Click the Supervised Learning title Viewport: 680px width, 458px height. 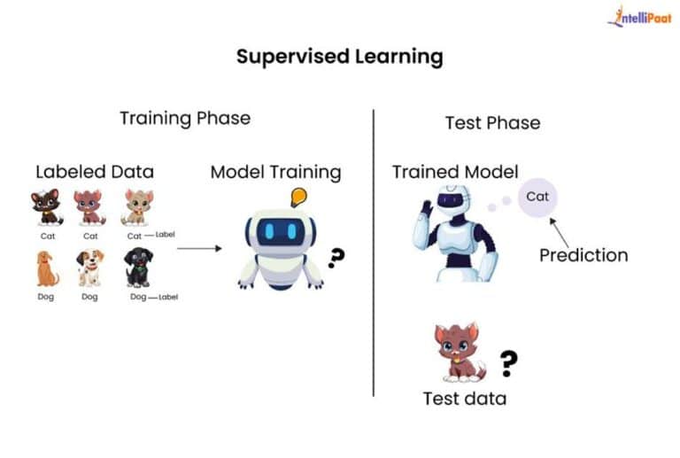[x=339, y=58]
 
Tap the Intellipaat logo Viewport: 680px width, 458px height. [x=639, y=17]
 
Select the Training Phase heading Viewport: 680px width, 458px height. [x=185, y=118]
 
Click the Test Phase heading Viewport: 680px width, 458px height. [x=492, y=123]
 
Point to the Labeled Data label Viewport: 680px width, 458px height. [x=95, y=172]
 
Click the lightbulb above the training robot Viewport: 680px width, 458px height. [x=298, y=197]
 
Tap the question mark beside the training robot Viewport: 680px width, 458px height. [x=336, y=258]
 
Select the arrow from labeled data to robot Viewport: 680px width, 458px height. [x=199, y=248]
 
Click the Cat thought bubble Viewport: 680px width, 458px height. [x=537, y=197]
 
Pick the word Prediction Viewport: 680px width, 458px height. [x=583, y=255]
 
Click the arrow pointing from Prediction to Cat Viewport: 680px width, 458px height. [x=559, y=232]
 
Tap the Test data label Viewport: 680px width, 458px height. [x=464, y=399]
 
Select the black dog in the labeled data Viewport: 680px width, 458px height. [x=138, y=267]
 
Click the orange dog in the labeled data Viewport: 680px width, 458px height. [x=47, y=268]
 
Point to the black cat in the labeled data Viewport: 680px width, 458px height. [x=46, y=208]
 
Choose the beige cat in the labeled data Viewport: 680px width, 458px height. [x=137, y=207]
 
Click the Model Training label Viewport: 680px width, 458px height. [x=275, y=172]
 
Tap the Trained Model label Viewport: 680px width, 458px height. [x=455, y=172]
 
